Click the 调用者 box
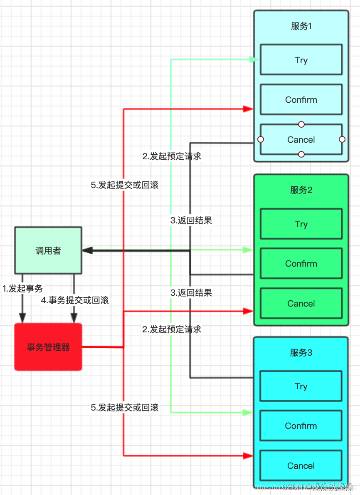coord(48,251)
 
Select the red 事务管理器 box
coord(48,347)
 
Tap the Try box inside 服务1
coord(301,60)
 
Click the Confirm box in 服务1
coord(301,100)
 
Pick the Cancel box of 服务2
coord(301,304)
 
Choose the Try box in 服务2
coord(301,224)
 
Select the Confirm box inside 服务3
coord(301,426)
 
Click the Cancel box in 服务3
coord(301,466)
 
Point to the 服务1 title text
coord(301,26)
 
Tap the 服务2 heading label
coord(301,190)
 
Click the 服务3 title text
coord(301,353)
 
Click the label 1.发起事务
coord(22,288)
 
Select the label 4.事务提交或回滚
coord(75,300)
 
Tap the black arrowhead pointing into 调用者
coord(86,250)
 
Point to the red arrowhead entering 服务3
coord(249,456)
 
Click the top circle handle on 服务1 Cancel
coord(301,124)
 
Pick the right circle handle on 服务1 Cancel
coord(342,139)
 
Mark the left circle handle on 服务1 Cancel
coord(261,139)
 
